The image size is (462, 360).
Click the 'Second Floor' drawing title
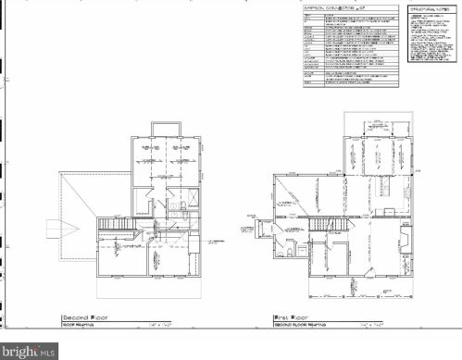point(86,317)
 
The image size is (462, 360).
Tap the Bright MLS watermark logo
point(31,351)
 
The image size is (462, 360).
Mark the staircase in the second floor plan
point(116,224)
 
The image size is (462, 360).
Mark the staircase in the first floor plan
point(320,224)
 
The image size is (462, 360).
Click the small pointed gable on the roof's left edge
point(55,226)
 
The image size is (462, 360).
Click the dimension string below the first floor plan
point(343,294)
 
